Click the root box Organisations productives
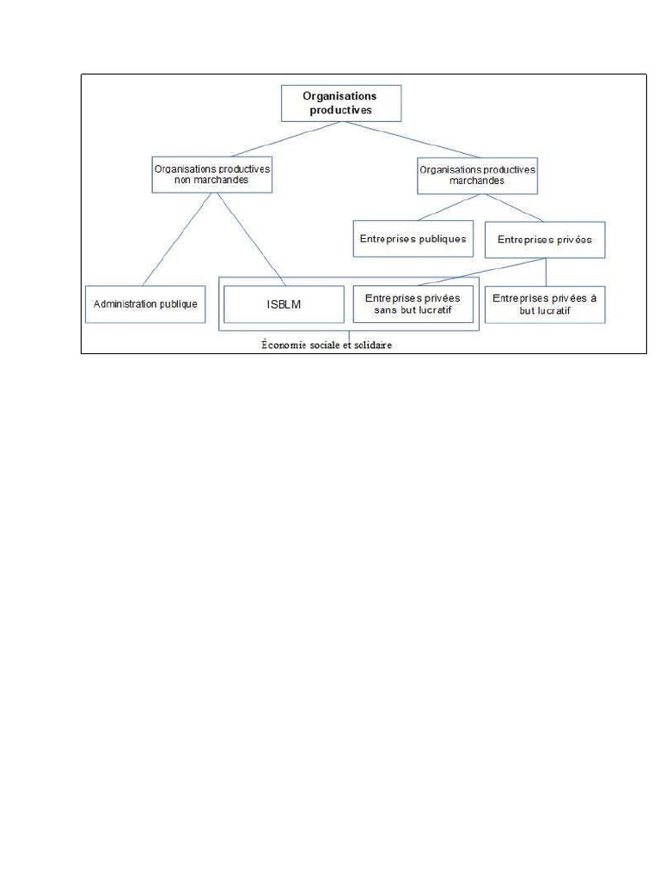tap(341, 103)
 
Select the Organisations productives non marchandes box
tap(211, 175)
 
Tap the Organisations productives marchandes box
tap(477, 175)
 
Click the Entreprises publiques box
tap(411, 239)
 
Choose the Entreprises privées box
tap(545, 240)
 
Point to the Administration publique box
tap(145, 303)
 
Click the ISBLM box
tap(283, 303)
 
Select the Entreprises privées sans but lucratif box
tap(412, 303)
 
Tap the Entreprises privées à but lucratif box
tap(544, 304)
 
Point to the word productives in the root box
tap(341, 110)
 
